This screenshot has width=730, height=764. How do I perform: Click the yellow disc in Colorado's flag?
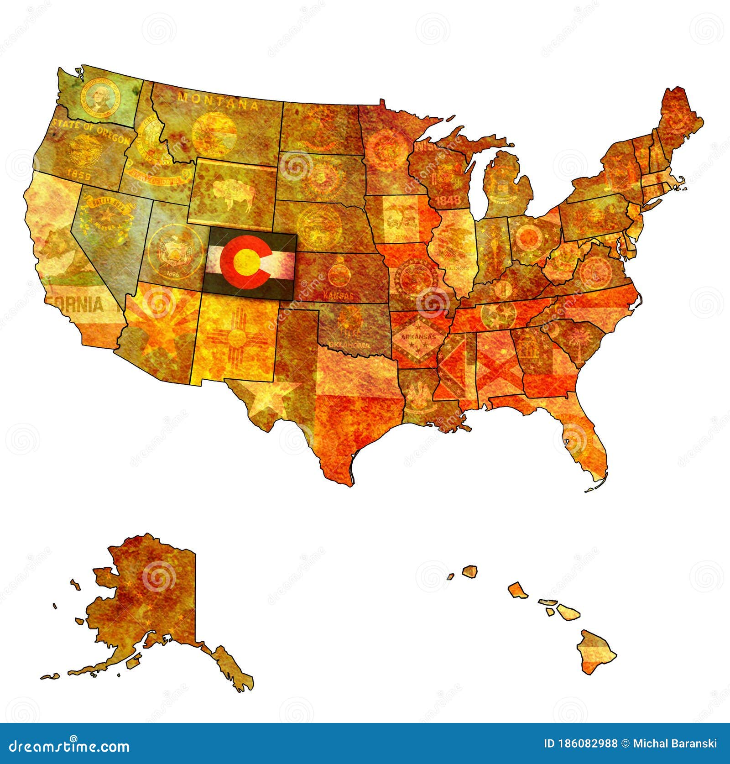pyautogui.click(x=247, y=261)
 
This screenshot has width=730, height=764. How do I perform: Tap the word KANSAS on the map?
pyautogui.click(x=338, y=295)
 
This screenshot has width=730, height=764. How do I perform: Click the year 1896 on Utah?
pyautogui.click(x=173, y=274)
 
